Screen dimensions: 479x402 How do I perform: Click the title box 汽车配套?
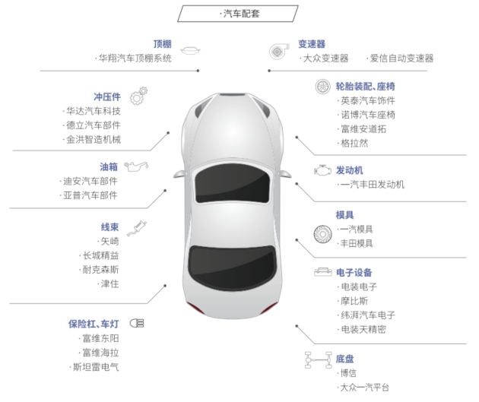[x=238, y=14]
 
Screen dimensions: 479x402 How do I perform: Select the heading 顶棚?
[x=162, y=44]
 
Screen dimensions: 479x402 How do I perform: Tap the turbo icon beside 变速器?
[x=278, y=51]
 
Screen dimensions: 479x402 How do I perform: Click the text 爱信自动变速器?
[x=401, y=58]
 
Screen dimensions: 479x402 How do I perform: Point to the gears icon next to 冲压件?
[x=138, y=97]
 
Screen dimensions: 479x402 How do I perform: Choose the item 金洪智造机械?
[x=94, y=140]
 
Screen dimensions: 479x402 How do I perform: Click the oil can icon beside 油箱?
[x=136, y=166]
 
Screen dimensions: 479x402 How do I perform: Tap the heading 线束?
[x=109, y=226]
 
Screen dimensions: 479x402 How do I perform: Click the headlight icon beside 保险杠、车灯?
[x=137, y=323]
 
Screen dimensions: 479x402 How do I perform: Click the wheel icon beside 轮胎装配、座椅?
[x=322, y=87]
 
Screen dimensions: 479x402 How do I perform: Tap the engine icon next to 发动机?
[x=322, y=170]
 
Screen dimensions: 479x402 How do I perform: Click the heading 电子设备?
[x=354, y=272]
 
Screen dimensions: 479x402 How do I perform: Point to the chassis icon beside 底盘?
[x=319, y=359]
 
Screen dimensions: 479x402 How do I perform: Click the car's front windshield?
[x=232, y=185]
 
